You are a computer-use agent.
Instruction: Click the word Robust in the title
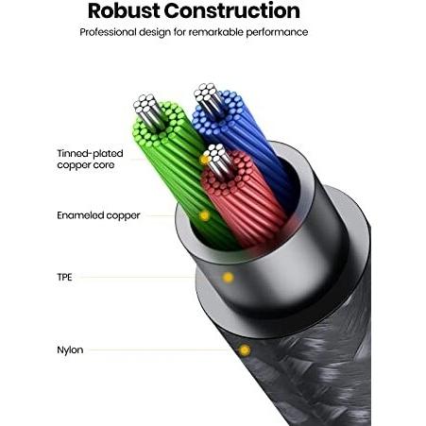point(124,10)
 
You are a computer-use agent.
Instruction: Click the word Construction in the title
point(231,10)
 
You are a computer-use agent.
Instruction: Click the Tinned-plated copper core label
point(90,160)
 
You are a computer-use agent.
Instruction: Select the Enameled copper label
point(98,215)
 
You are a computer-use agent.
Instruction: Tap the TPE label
point(64,277)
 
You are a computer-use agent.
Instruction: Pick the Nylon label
point(70,349)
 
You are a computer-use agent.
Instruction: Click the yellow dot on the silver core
point(205,160)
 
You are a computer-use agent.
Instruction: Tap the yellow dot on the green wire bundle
point(205,215)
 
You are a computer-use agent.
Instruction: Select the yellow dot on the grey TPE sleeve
point(228,278)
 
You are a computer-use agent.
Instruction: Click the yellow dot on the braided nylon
point(245,350)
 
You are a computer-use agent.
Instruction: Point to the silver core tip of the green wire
point(148,111)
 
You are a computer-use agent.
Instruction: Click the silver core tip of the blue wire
point(208,98)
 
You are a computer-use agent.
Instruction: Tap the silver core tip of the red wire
point(218,161)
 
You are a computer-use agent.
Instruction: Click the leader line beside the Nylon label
point(159,349)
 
